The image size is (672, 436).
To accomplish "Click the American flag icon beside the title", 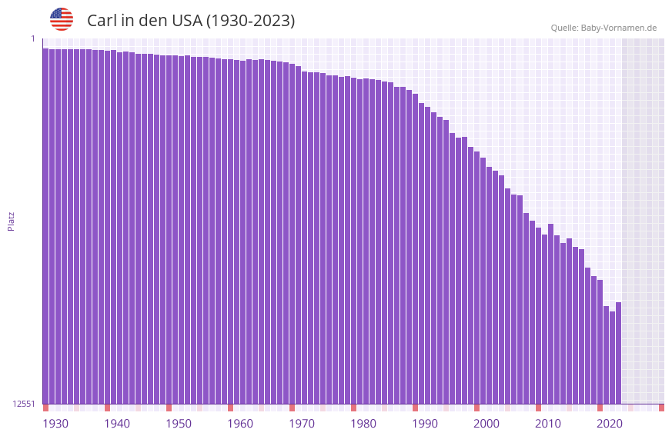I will click(62, 19).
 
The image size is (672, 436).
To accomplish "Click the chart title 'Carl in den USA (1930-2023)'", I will click(191, 21).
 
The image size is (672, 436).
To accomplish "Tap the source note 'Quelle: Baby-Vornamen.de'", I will click(603, 28).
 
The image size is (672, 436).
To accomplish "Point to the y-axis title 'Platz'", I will click(11, 221).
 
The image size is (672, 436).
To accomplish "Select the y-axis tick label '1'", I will click(32, 38).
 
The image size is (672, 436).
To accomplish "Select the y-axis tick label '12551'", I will click(23, 404).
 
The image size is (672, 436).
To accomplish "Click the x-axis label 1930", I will click(55, 424).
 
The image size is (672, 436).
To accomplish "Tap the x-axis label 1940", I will click(117, 424).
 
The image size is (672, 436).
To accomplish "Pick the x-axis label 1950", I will click(179, 424).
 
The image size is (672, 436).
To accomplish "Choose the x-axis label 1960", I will click(240, 424).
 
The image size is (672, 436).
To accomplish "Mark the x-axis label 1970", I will click(302, 424).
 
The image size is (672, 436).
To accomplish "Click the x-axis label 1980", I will click(363, 424).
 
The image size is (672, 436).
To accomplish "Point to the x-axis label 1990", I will click(425, 424).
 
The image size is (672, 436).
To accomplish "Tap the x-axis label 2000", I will click(486, 424).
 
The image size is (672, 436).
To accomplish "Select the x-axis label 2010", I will click(548, 424).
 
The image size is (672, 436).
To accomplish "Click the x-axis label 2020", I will click(610, 424).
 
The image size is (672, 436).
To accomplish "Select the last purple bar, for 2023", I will click(618, 353).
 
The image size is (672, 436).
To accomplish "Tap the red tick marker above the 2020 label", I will click(600, 408).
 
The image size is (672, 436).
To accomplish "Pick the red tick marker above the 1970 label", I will click(292, 408).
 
